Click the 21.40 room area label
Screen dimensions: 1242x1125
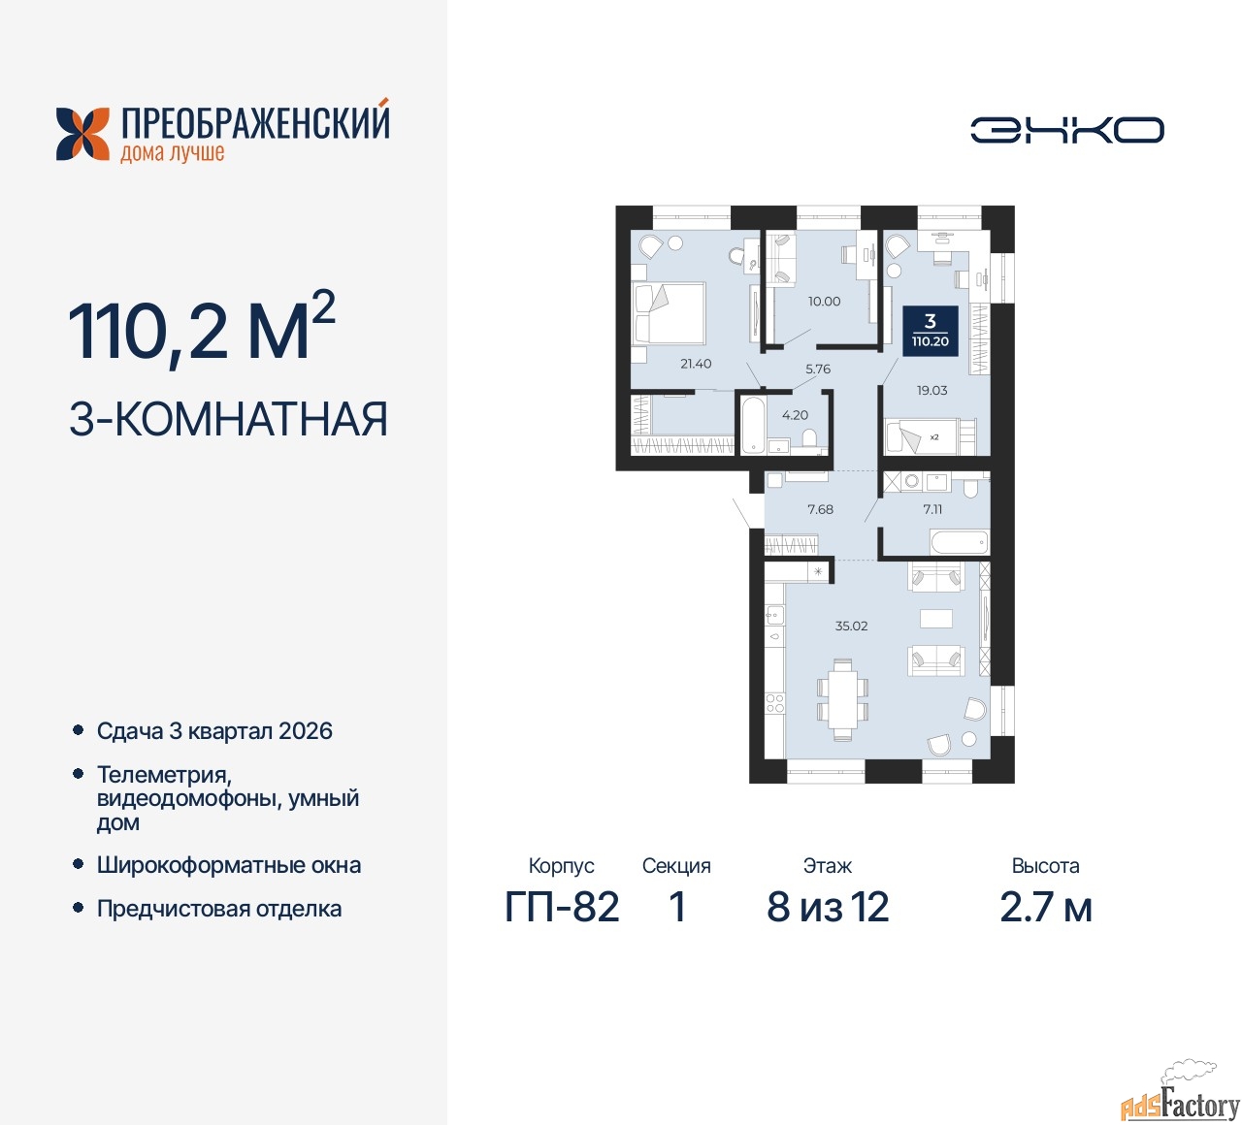[x=696, y=364]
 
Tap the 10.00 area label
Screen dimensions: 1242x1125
[x=824, y=302]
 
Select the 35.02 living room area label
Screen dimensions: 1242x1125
[x=851, y=626]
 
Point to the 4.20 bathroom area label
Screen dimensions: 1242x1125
[x=795, y=415]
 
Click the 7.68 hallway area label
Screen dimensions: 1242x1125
[x=820, y=509]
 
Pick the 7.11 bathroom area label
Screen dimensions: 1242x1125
[x=932, y=509]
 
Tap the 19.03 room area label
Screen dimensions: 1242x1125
[x=931, y=391]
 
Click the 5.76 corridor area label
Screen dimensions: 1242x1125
[x=818, y=370]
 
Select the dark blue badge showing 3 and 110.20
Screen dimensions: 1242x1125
[x=930, y=331]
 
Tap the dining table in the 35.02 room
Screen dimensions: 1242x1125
[x=842, y=699]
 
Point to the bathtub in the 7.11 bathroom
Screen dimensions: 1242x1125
[x=959, y=542]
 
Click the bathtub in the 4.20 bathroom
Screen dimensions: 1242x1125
[x=752, y=425]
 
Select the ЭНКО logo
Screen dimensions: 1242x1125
[x=1067, y=131]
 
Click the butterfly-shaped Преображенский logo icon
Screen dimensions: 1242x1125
[x=82, y=134]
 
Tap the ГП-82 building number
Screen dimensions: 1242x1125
[x=562, y=907]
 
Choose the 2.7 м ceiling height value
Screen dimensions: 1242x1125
[x=1046, y=907]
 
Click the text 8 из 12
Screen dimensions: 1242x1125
[x=828, y=907]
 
